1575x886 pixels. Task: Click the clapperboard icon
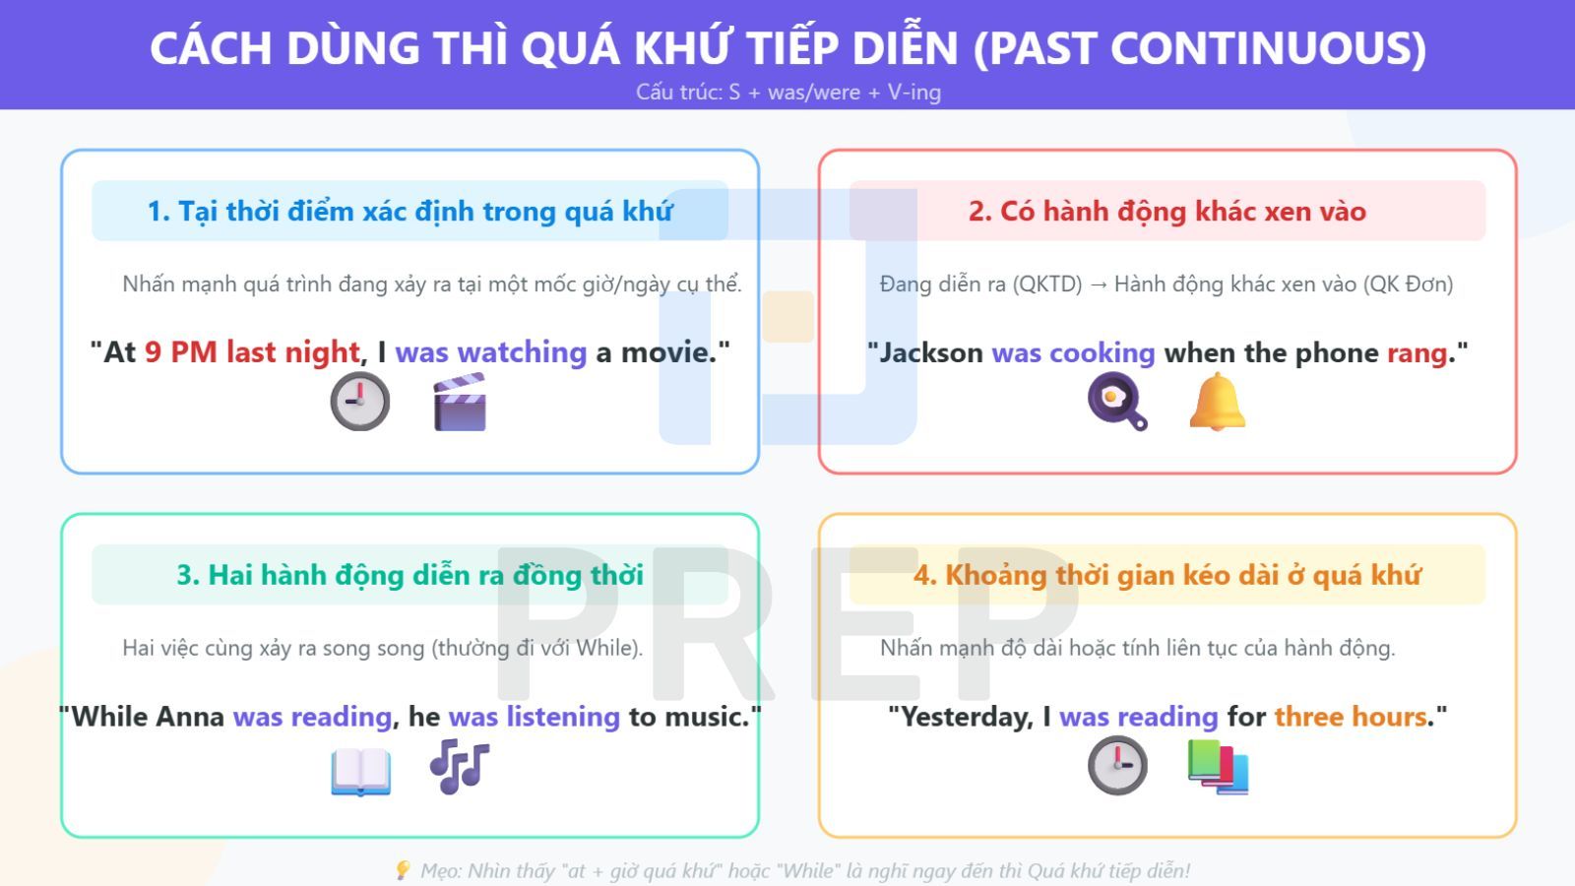point(460,403)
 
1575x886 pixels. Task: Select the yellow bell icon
point(1217,402)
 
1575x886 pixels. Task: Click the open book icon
point(360,771)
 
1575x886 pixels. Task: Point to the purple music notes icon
point(459,766)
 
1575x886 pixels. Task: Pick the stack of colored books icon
point(1218,767)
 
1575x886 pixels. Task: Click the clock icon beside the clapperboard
point(359,402)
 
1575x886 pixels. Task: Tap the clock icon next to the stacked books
point(1117,765)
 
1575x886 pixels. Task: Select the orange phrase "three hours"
point(1351,717)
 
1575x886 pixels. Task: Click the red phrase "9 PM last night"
point(252,352)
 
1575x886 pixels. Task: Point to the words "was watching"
point(490,352)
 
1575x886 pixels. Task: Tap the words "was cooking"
point(1073,352)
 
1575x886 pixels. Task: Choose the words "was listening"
point(534,717)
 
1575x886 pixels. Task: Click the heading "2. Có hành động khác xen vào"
point(1166,211)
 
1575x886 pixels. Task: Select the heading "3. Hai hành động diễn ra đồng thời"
point(409,575)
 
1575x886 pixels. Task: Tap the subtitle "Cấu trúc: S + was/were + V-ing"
point(787,93)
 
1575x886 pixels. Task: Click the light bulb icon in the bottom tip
point(402,870)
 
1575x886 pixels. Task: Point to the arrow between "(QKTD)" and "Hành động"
point(1098,285)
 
